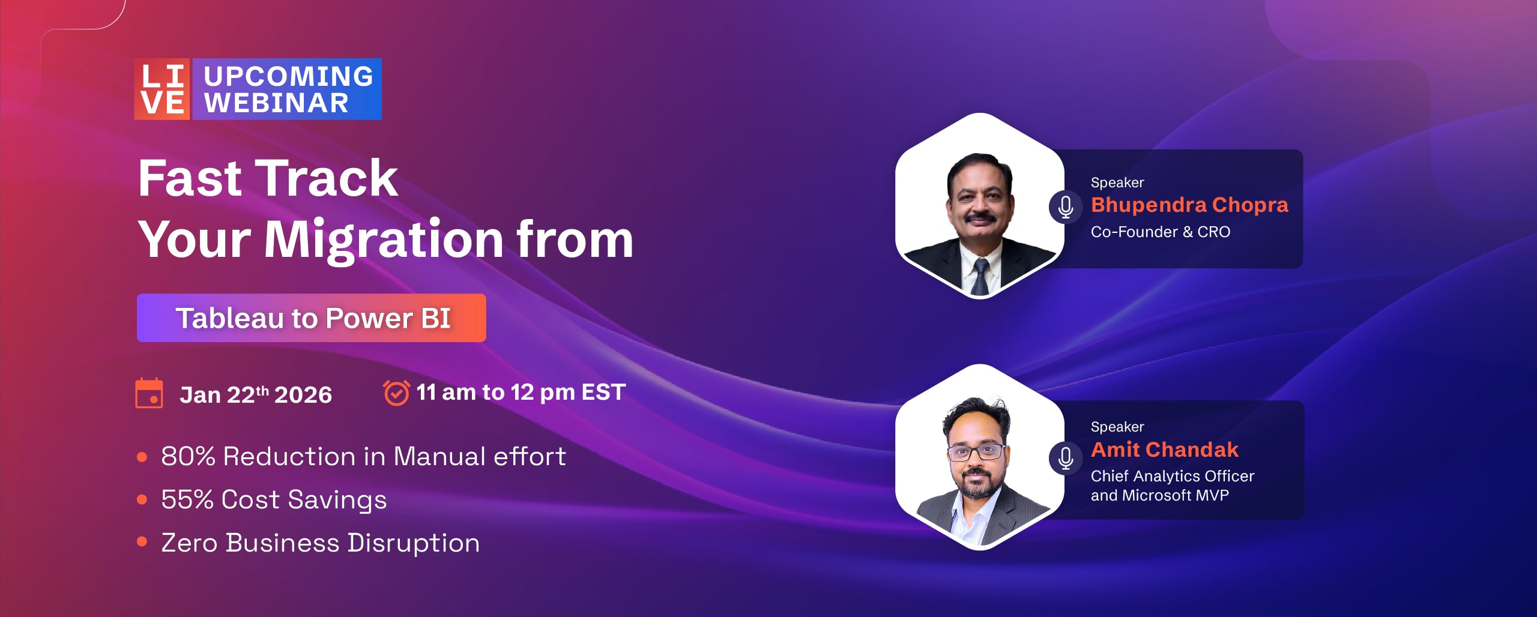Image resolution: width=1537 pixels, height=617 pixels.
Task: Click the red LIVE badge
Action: click(162, 89)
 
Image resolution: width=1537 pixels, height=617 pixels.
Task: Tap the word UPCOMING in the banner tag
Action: click(289, 76)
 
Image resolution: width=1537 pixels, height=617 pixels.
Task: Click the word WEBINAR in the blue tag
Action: click(277, 103)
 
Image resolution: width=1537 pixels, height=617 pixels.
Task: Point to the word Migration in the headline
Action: click(384, 240)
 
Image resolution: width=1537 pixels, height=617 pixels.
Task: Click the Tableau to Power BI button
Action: click(312, 318)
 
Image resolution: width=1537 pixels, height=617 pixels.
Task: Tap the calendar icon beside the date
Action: click(149, 394)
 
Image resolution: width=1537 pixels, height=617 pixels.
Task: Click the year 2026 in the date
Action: click(303, 395)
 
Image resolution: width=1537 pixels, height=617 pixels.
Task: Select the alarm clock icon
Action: click(396, 393)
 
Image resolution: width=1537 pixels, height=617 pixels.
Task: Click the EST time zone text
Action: click(603, 392)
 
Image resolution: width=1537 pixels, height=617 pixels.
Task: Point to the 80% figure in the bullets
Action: click(189, 457)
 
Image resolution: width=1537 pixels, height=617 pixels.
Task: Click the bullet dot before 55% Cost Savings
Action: click(142, 499)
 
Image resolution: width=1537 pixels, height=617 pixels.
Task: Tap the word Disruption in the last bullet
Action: click(414, 543)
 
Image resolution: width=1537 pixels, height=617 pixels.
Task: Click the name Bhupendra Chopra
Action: click(1189, 205)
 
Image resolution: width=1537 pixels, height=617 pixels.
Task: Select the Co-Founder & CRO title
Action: click(1161, 232)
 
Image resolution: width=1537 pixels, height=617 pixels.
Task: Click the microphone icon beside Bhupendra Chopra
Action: click(1066, 207)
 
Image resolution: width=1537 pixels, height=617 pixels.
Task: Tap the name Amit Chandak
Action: click(1165, 450)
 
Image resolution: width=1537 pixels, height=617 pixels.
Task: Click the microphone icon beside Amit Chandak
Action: click(1066, 459)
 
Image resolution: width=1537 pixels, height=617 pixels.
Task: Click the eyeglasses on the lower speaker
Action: click(977, 451)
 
